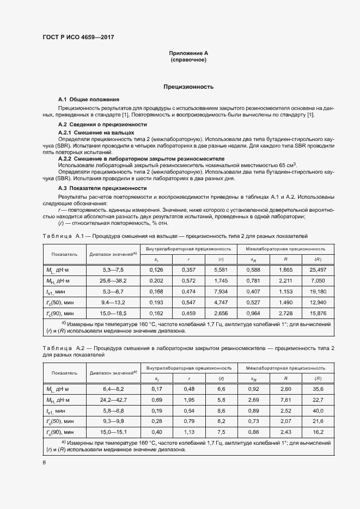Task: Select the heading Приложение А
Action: click(x=188, y=53)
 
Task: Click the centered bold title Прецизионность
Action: click(x=188, y=87)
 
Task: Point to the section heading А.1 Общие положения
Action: click(x=89, y=100)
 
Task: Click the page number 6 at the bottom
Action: click(x=44, y=462)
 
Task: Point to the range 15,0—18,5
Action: click(x=113, y=314)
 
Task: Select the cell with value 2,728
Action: click(x=285, y=314)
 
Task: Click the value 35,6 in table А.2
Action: click(x=318, y=389)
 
